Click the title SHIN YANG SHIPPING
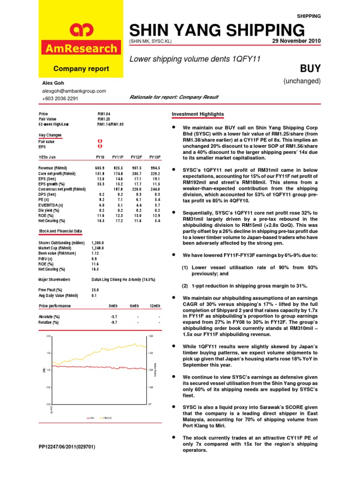217,30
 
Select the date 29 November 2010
296,41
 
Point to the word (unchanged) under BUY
302,81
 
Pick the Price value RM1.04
104,113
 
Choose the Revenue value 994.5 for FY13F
155,168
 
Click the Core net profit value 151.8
98,173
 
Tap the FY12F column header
136,157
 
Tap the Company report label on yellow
81,69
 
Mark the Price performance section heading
55,306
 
